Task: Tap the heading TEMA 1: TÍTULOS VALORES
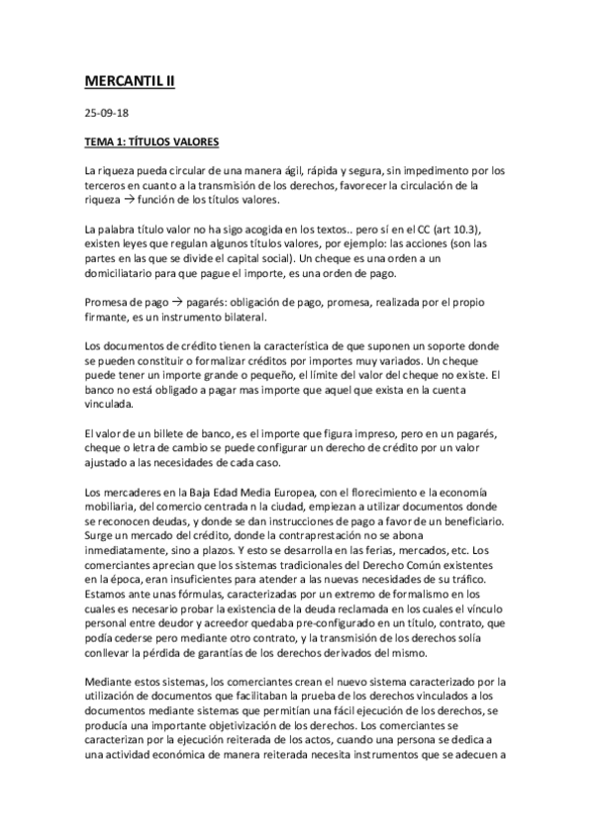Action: (x=151, y=142)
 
